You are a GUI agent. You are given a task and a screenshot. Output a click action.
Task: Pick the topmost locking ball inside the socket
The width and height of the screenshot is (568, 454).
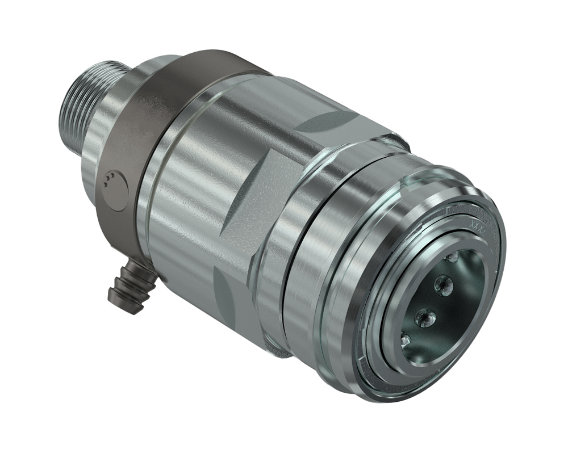(x=453, y=258)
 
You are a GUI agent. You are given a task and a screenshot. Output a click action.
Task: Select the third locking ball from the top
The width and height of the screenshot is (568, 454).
(x=424, y=317)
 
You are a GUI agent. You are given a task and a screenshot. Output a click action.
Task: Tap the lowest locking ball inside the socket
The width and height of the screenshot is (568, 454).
(x=405, y=339)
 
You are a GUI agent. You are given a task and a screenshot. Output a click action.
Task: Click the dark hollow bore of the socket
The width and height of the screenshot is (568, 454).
(x=454, y=306)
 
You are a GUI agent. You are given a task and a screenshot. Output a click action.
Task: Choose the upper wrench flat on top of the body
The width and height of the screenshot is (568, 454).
(x=329, y=119)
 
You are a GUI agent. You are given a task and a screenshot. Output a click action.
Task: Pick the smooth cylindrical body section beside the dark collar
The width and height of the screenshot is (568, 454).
(x=187, y=187)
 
